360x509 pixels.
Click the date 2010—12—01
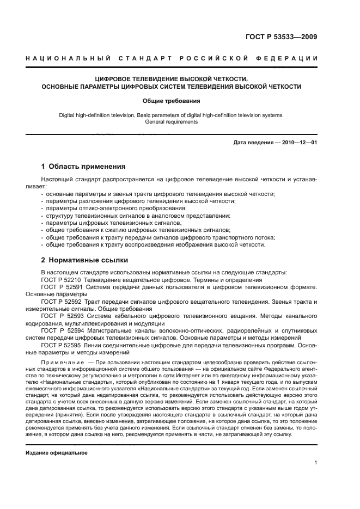click(x=298, y=143)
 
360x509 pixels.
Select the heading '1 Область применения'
click(x=83, y=167)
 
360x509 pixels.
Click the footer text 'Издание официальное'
click(x=57, y=452)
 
